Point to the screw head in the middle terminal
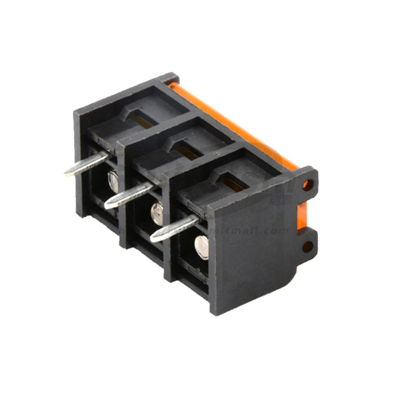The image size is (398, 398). tap(157, 213)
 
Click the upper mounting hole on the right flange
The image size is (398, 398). tap(308, 186)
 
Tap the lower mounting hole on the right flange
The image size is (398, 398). tap(307, 245)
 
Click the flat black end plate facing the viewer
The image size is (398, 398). tap(249, 259)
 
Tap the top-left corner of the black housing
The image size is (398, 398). tap(78, 112)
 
